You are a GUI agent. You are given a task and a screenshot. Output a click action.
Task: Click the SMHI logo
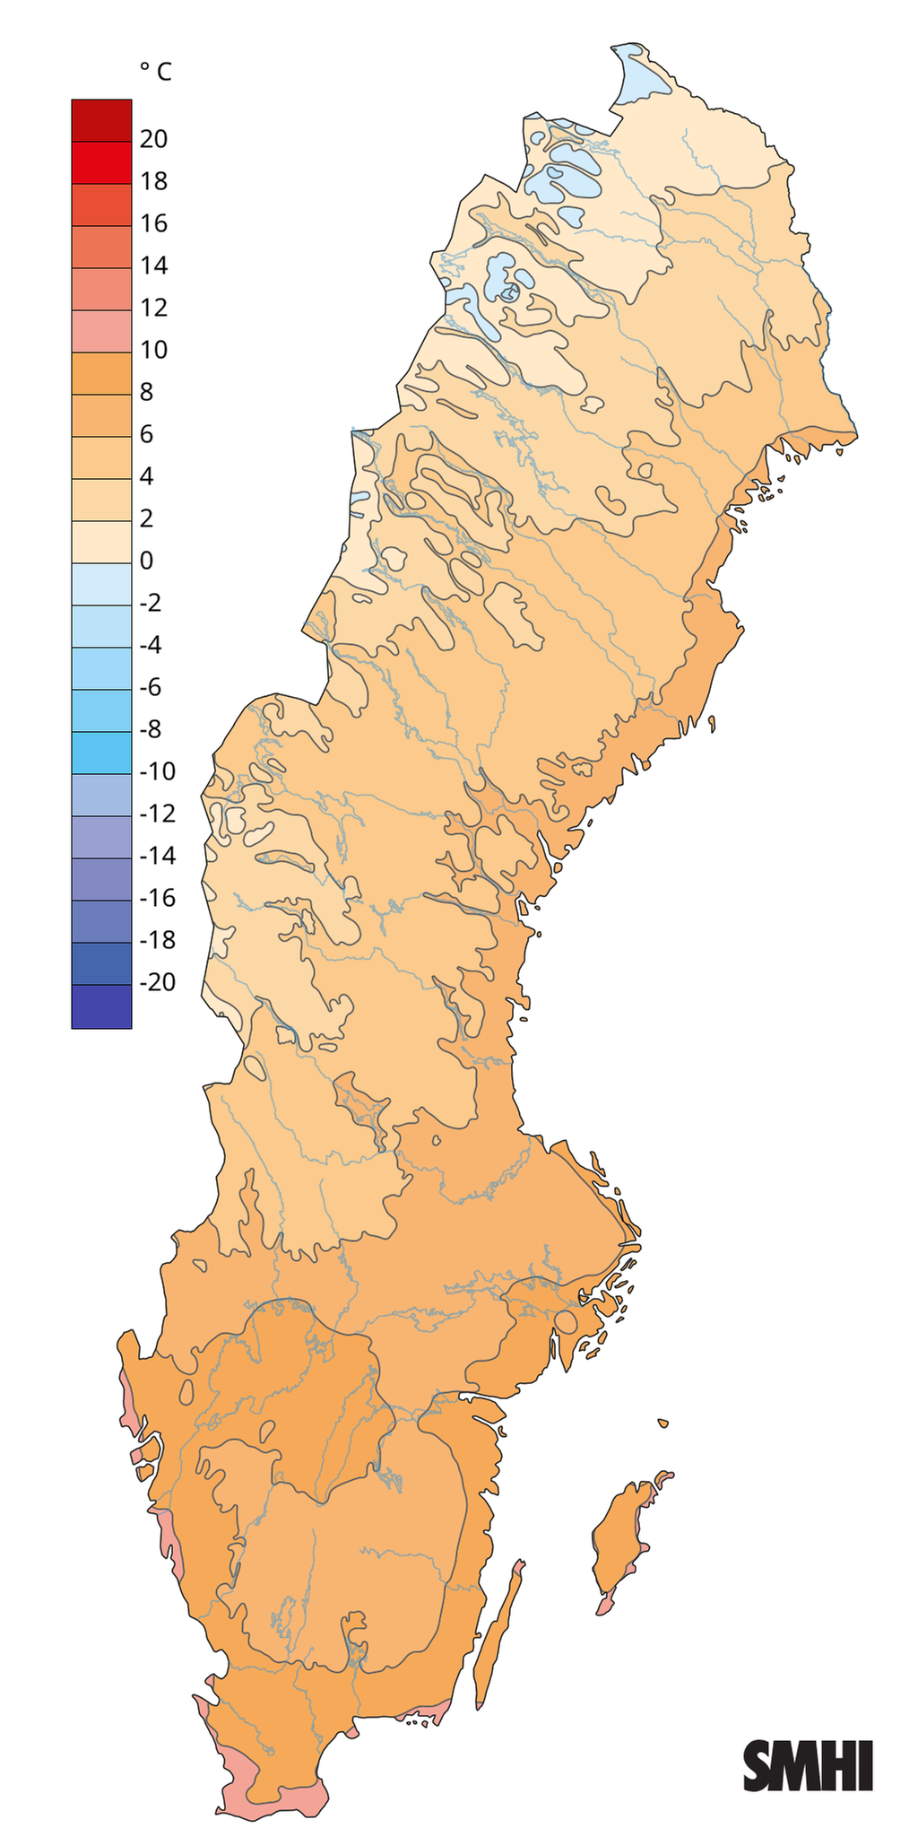pos(808,1765)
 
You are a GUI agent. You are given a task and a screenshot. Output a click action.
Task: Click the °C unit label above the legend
pos(154,72)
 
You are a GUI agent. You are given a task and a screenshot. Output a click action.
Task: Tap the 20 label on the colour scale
pos(154,139)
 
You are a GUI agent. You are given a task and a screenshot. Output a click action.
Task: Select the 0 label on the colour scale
pos(147,561)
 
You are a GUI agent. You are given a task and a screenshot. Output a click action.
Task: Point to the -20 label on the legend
pos(158,982)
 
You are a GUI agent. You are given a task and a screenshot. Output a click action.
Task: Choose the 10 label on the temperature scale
pos(154,350)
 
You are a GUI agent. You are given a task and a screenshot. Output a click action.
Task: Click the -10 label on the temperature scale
pos(158,771)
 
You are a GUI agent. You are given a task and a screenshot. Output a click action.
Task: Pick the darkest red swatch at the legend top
pos(101,120)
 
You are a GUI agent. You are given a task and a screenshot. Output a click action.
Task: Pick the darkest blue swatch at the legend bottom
pos(101,1006)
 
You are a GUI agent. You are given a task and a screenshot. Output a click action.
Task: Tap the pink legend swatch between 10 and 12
pos(101,331)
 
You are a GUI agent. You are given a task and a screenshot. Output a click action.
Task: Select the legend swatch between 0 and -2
pos(101,584)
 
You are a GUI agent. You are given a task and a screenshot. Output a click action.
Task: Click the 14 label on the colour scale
pos(154,266)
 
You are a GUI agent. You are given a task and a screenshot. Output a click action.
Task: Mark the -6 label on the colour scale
pos(151,687)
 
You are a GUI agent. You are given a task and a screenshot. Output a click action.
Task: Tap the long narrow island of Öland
pos(498,1624)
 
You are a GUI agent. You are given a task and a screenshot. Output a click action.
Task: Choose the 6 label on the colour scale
pos(147,434)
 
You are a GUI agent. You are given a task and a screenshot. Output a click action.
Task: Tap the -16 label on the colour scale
pos(158,898)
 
